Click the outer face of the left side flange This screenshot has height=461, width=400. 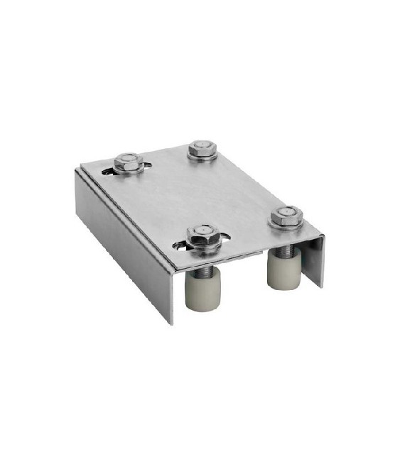[121, 241]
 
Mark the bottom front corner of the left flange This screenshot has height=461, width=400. [170, 323]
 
